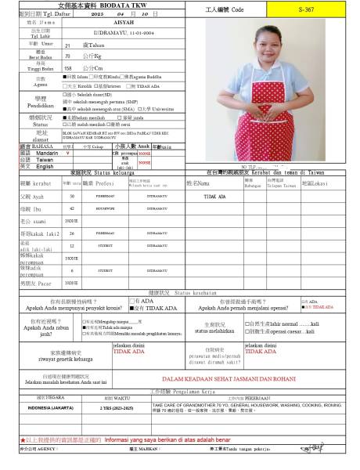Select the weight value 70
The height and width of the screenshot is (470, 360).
tap(68, 56)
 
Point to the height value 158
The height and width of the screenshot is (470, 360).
tap(68, 67)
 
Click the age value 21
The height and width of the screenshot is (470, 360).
tap(67, 46)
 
